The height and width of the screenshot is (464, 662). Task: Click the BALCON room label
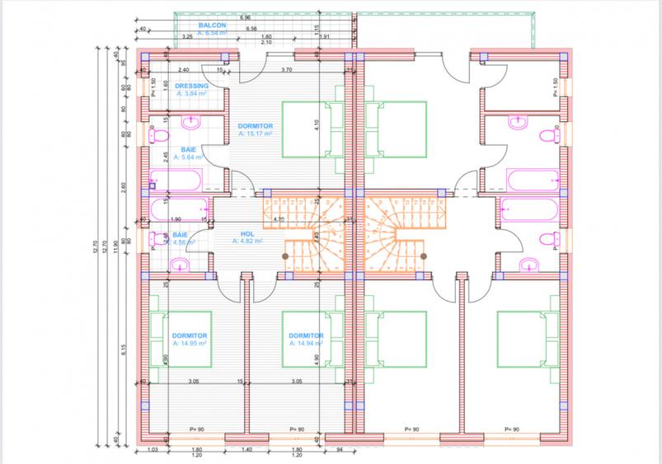[195, 26]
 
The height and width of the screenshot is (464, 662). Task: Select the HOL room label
[246, 233]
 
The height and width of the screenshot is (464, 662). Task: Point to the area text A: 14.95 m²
[189, 344]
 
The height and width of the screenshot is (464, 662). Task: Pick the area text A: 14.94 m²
[305, 344]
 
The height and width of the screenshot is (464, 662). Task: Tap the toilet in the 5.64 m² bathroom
[160, 135]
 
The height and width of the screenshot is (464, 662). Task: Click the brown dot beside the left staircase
[285, 255]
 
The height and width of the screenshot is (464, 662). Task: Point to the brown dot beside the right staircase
[424, 255]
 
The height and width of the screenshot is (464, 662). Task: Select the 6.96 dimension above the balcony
[245, 17]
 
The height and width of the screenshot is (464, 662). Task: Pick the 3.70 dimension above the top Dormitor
[287, 70]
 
